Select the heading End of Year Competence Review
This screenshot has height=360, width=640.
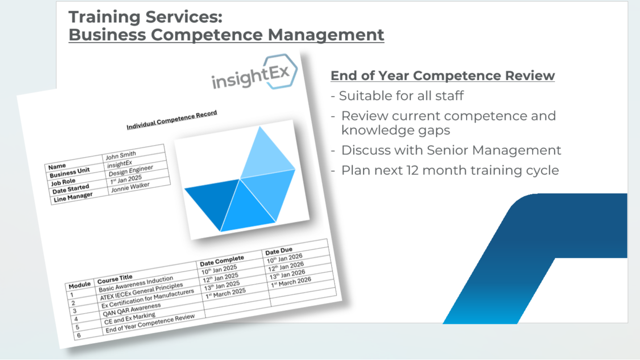[443, 76]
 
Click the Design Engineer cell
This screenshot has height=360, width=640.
[131, 171]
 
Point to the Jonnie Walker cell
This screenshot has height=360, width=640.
[130, 187]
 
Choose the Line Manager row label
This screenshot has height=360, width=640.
[73, 197]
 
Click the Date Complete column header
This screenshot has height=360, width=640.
[222, 261]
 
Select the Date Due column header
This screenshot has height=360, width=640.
[278, 251]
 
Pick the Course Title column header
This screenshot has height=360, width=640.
[115, 279]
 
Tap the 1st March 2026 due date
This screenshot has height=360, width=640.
[291, 282]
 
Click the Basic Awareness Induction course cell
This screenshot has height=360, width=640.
[136, 284]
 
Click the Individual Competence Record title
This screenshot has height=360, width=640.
[172, 120]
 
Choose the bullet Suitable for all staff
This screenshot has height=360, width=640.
[397, 95]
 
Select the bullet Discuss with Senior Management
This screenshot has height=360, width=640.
[446, 150]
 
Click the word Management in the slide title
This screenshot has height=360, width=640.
[326, 35]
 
